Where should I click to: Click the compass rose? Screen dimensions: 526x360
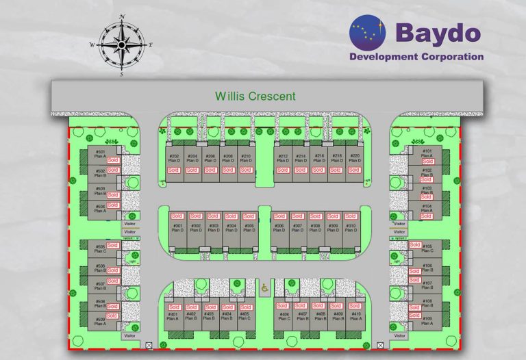click(x=121, y=44)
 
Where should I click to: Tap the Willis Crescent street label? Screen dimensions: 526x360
click(x=255, y=96)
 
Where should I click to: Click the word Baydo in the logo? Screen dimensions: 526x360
click(x=438, y=32)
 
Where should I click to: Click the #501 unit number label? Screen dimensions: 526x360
click(x=100, y=152)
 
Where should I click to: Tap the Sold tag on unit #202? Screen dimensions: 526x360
click(x=174, y=170)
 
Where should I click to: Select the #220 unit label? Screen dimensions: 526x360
click(x=354, y=156)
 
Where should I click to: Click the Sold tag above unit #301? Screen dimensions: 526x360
click(x=177, y=216)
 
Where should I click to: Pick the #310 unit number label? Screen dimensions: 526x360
click(x=351, y=226)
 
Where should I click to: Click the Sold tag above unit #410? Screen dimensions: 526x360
click(x=354, y=306)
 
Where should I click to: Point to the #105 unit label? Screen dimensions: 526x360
click(x=427, y=246)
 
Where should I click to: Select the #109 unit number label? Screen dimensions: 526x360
click(x=427, y=319)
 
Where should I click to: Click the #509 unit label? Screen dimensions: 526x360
click(x=100, y=319)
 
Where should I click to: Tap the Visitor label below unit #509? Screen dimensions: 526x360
click(x=130, y=336)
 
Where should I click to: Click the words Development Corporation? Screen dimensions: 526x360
click(x=416, y=57)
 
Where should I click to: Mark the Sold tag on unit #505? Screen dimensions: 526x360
click(x=113, y=245)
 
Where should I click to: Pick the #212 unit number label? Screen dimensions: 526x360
click(x=283, y=156)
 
